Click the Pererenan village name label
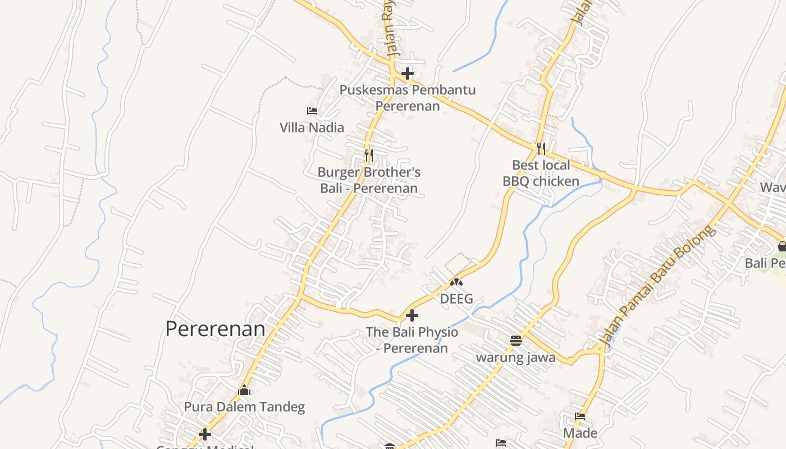coord(215,329)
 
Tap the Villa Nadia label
coord(312,127)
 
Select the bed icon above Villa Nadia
coord(312,111)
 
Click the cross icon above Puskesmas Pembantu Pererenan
coord(408,74)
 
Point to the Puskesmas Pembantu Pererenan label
coord(408,98)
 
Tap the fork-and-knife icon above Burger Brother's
coord(369,155)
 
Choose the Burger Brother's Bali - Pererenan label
coord(369,180)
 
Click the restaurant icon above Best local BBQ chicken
coord(541,148)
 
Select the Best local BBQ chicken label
coord(541,173)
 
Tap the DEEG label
coord(456,299)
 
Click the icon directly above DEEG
coord(456,282)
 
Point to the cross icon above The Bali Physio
coord(412,315)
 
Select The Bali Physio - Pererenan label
coord(412,340)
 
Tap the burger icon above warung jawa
coord(516,340)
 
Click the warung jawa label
coord(516,358)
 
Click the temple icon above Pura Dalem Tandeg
coord(244,390)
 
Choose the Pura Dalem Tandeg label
coord(244,407)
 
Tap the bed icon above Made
coord(580,416)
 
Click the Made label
coord(580,433)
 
